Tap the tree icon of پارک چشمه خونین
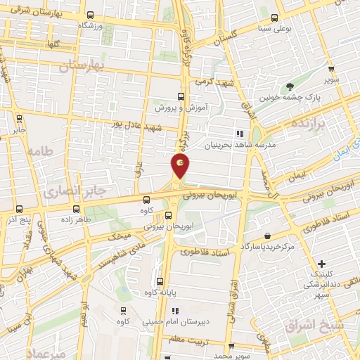click(289, 87)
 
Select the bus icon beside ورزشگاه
click(89, 15)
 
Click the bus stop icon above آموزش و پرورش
click(180, 96)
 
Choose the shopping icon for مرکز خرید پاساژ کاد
click(266, 236)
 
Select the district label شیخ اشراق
click(314, 325)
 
